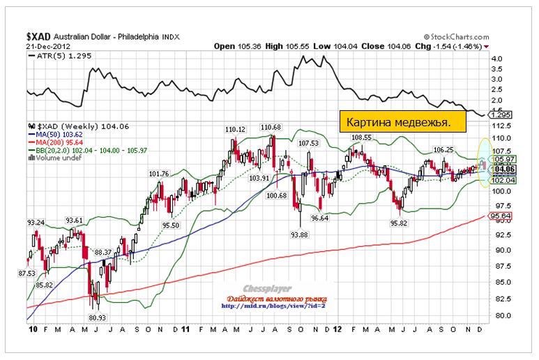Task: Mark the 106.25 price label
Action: [x=443, y=149]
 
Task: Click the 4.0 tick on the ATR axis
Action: [x=496, y=60]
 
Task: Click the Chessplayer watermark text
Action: [x=273, y=287]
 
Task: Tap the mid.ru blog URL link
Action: [x=273, y=306]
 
